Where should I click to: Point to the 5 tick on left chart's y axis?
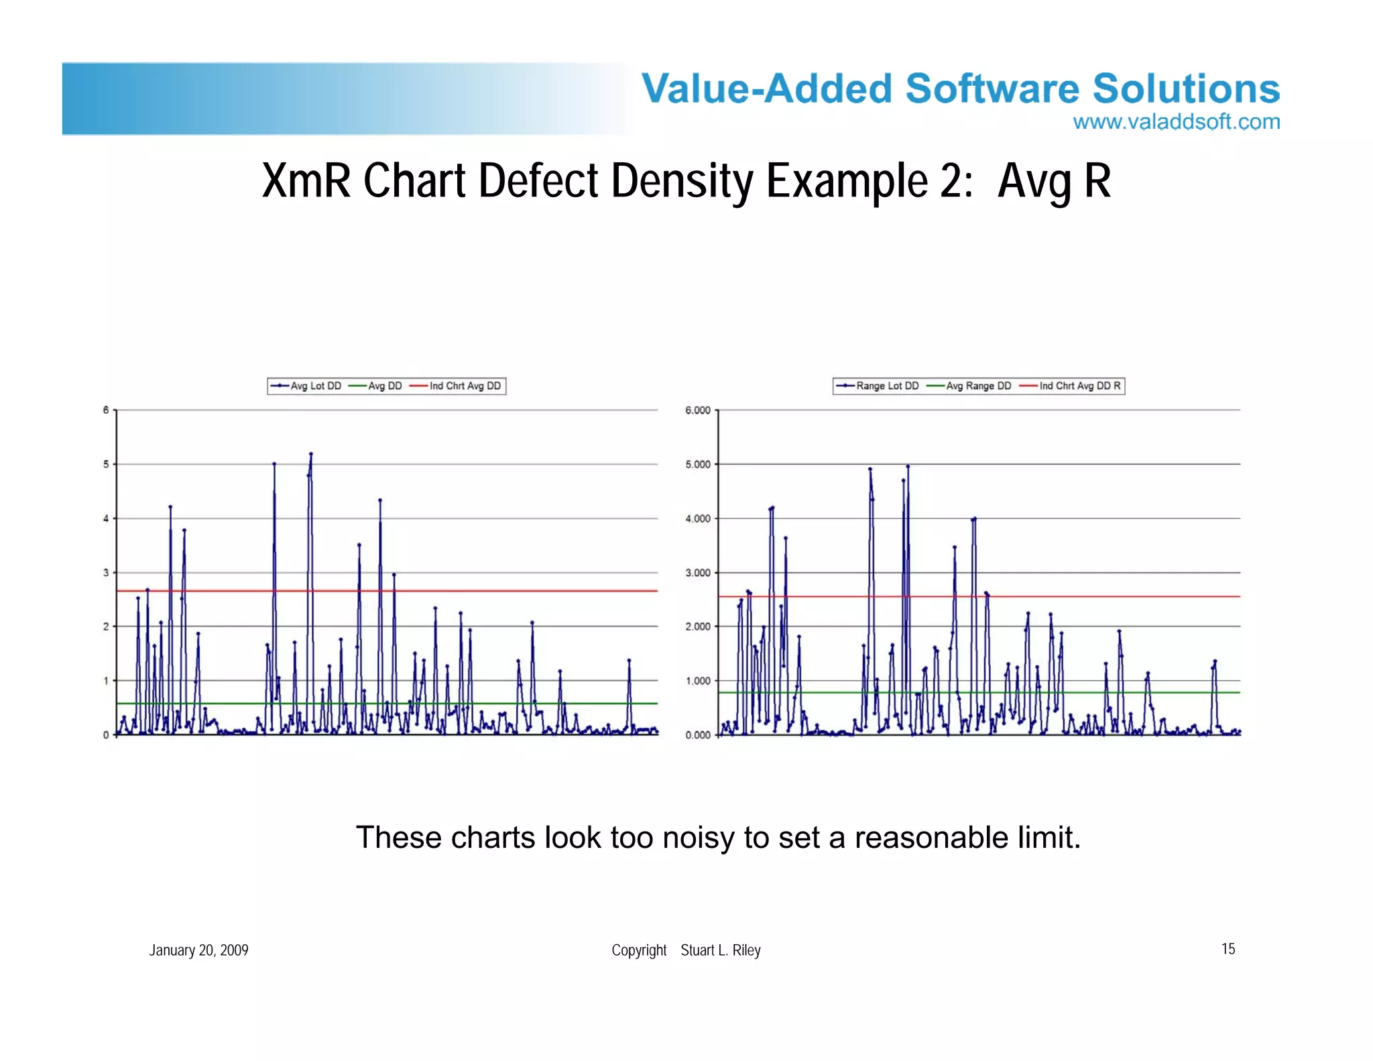click(106, 464)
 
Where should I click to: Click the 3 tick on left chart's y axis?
click(106, 573)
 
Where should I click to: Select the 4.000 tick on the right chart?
click(698, 518)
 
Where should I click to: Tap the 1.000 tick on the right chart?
click(698, 681)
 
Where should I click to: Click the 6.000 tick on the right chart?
click(698, 410)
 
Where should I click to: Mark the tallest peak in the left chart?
click(311, 454)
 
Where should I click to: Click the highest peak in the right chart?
click(908, 466)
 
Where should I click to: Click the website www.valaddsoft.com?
click(1176, 122)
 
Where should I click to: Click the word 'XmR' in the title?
click(306, 181)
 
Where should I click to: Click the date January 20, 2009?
click(198, 950)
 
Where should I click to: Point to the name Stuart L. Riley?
click(721, 950)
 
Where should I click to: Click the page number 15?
click(1228, 948)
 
